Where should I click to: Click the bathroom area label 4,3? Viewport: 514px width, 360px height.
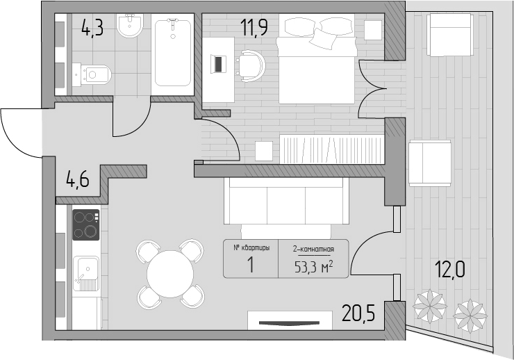point(92,28)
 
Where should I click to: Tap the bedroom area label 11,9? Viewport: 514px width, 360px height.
point(254,27)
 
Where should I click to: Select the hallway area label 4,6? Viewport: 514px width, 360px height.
point(77,180)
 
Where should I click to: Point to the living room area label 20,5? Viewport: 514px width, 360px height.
point(358,313)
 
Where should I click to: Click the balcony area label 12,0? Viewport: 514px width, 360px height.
point(449,270)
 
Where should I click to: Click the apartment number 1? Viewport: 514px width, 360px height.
point(251,265)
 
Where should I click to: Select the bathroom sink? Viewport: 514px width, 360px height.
point(130,25)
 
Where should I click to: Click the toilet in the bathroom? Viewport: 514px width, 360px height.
point(92,75)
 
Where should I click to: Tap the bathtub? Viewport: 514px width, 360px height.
point(172,54)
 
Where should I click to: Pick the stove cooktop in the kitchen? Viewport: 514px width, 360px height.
point(86,224)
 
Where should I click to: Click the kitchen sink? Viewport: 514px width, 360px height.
point(86,273)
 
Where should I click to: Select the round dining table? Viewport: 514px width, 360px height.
point(170,274)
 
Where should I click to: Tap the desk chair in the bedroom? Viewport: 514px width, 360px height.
point(251,65)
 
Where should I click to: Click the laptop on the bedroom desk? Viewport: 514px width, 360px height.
point(219,64)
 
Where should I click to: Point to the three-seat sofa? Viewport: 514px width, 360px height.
point(286,201)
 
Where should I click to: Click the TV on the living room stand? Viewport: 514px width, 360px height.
point(289,323)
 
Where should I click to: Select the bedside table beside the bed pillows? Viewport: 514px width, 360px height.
point(373,30)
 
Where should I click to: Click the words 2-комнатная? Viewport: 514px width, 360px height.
point(313,249)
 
